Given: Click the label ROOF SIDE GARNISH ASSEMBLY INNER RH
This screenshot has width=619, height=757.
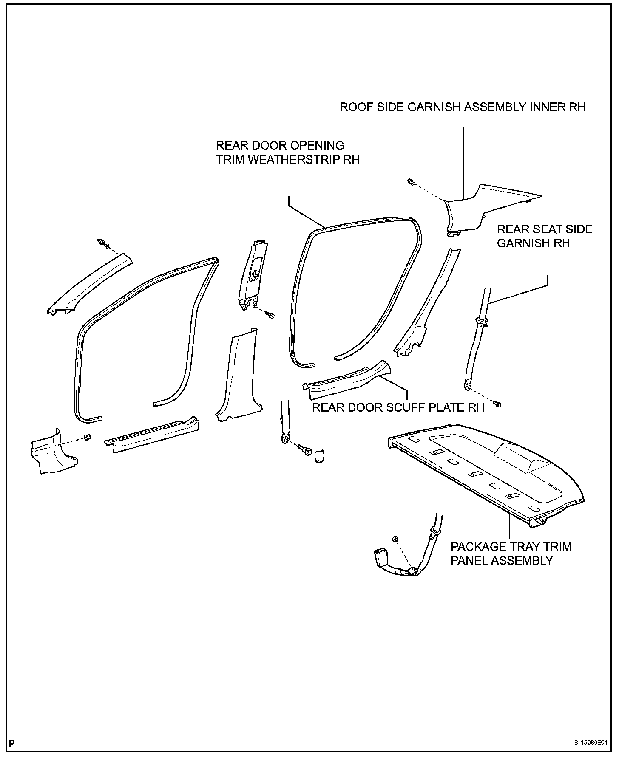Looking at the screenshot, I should click(x=462, y=107).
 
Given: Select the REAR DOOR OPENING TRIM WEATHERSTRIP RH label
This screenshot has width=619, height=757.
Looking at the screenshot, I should click(x=288, y=152).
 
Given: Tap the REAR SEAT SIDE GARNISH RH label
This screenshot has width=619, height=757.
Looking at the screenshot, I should click(x=545, y=236).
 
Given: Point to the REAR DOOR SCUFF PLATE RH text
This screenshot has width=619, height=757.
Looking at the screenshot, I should click(x=398, y=407).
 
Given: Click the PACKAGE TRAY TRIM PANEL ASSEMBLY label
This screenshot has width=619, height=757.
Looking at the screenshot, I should click(x=511, y=553).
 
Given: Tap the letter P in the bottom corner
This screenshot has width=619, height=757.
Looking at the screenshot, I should click(x=11, y=743).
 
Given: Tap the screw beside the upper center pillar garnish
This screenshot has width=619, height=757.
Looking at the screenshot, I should click(x=270, y=315).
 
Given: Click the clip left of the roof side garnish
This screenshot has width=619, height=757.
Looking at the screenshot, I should click(x=412, y=182).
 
